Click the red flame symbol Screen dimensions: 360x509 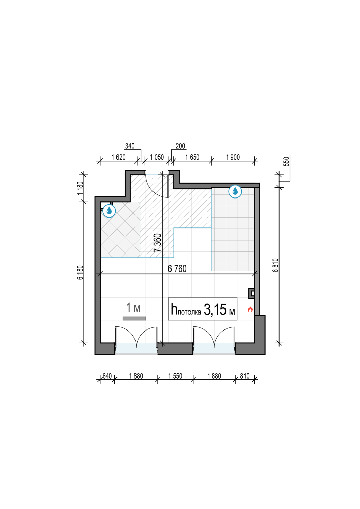click(250, 309)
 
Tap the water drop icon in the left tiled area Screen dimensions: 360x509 click(109, 211)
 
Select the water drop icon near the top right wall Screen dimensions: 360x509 click(235, 191)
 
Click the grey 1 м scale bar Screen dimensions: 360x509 click(134, 318)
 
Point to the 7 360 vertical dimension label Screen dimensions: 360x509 click(157, 243)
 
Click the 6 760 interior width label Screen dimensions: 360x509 click(177, 269)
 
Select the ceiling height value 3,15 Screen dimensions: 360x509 click(215, 309)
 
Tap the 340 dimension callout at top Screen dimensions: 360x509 click(130, 146)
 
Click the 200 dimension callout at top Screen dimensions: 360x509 click(180, 146)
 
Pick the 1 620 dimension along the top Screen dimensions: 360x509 click(119, 157)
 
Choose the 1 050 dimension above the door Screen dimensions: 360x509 click(157, 157)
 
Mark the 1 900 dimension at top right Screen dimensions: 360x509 click(233, 157)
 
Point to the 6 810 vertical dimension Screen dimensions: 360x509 click(276, 265)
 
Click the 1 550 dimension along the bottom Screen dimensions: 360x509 click(175, 376)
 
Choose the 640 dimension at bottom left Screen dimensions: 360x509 click(107, 376)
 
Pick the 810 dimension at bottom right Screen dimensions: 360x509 click(245, 376)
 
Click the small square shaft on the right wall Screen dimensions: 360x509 click(252, 293)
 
